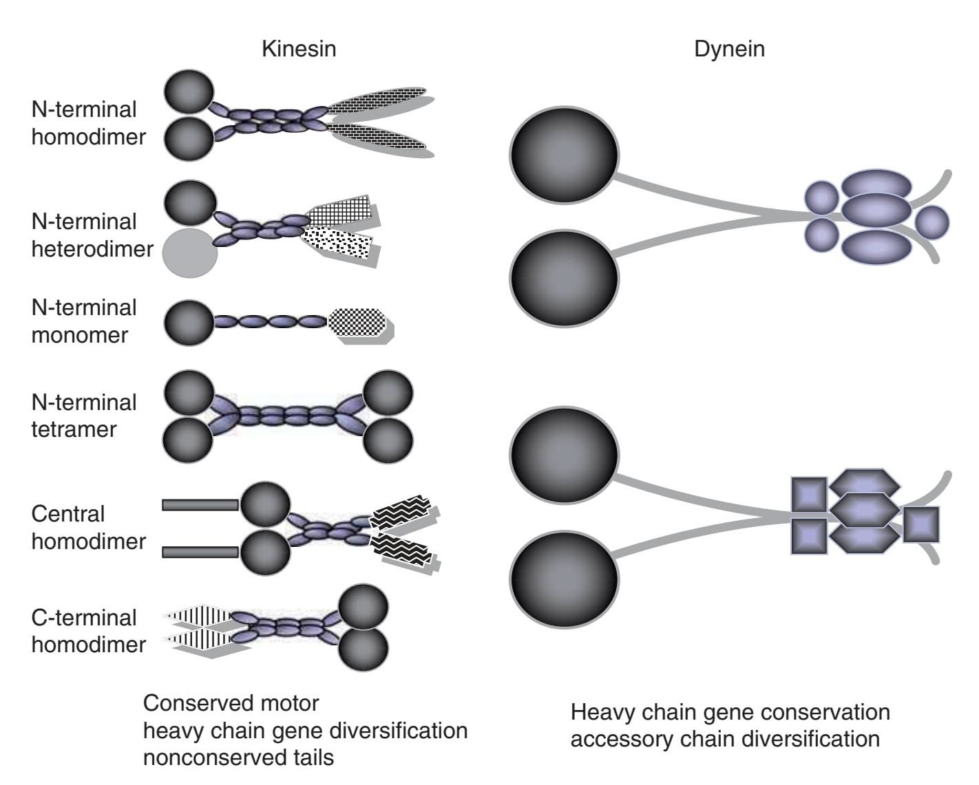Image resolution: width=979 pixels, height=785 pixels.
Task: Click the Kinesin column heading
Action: pos(299,49)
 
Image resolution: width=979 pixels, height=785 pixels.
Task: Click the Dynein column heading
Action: pos(729,49)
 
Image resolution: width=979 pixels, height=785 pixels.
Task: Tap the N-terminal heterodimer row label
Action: pos(92,235)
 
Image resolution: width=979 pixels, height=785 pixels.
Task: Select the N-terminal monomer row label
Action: pos(84,321)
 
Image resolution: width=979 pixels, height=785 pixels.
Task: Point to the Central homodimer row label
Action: pos(88,527)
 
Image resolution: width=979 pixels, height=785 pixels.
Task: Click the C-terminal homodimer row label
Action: pos(88,631)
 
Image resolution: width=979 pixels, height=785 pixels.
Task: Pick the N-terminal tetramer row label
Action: pos(84,416)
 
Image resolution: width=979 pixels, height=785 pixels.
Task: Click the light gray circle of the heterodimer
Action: pos(190,252)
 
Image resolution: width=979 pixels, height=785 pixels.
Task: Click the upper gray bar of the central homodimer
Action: pos(200,505)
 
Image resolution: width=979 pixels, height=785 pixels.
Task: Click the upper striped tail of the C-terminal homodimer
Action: pos(200,616)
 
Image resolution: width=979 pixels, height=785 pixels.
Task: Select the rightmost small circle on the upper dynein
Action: pos(932,222)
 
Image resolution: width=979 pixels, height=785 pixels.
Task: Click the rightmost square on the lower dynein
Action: pos(921,524)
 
